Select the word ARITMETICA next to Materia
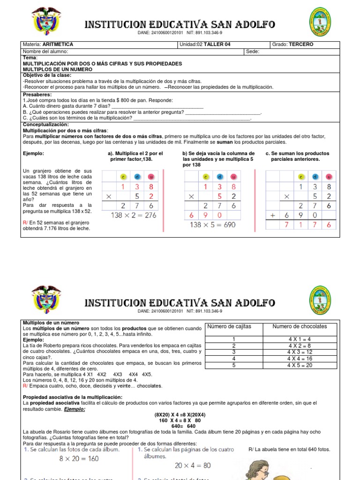(58, 45)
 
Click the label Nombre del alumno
(45, 52)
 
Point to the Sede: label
(253, 52)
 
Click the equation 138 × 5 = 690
(212, 225)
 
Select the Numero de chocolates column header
(300, 327)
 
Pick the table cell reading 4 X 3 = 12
(300, 352)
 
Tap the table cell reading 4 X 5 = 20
(300, 365)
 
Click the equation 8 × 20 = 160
(79, 458)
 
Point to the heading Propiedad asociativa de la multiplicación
(73, 397)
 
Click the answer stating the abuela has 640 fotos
(289, 450)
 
